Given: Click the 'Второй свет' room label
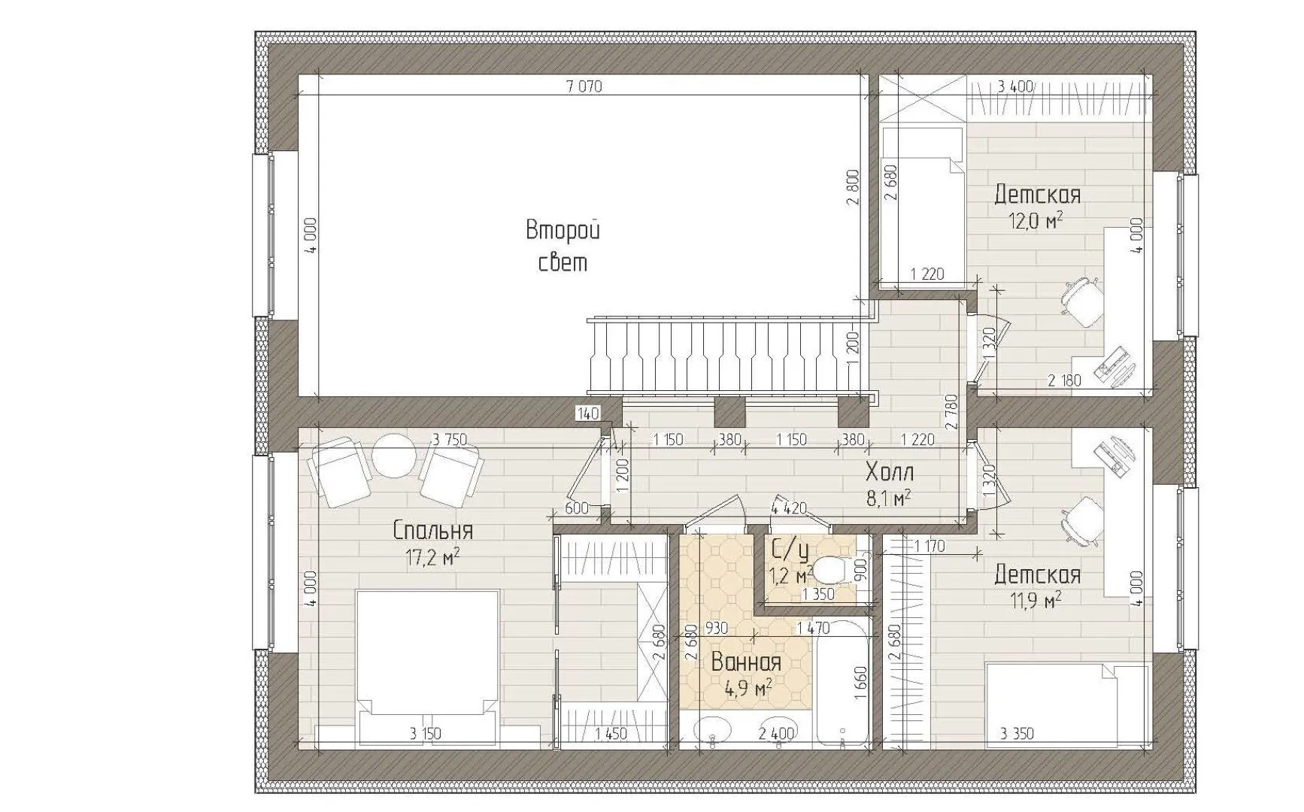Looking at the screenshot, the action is tap(563, 246).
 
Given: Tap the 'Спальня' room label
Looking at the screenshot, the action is tap(433, 531).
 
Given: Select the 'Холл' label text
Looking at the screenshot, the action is tap(890, 473).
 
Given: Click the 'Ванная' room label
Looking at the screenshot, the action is tap(746, 662).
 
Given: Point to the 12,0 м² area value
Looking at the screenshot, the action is tap(1038, 220).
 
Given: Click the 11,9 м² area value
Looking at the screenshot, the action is tap(1037, 600).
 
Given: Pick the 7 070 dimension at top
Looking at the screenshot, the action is tap(584, 86).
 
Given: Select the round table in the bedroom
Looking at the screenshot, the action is tap(395, 456).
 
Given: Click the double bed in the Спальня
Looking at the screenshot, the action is tap(428, 669).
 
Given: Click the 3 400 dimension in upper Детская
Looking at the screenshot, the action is tap(1015, 86).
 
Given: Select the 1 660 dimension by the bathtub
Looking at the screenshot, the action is tap(862, 683).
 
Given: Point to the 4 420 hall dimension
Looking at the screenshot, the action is tap(789, 509).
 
